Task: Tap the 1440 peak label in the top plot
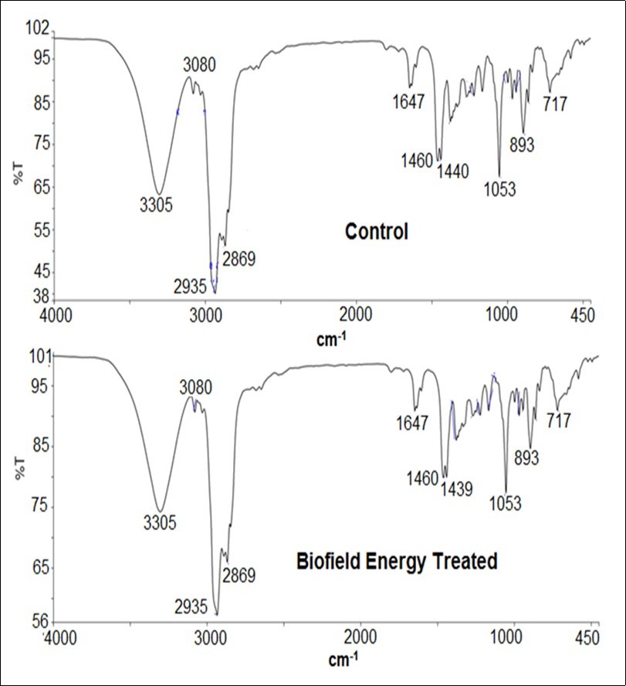coord(454,171)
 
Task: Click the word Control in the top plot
coord(376,232)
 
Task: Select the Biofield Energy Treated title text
coord(397,562)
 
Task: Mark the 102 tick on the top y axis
coord(39,29)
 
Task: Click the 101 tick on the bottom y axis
coord(40,356)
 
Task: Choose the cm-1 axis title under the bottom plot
coord(340,661)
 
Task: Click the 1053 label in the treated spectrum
coord(506,504)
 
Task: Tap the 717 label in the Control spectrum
coord(556,102)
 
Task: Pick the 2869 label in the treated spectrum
coord(239,576)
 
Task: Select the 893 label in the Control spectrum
coord(523,144)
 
